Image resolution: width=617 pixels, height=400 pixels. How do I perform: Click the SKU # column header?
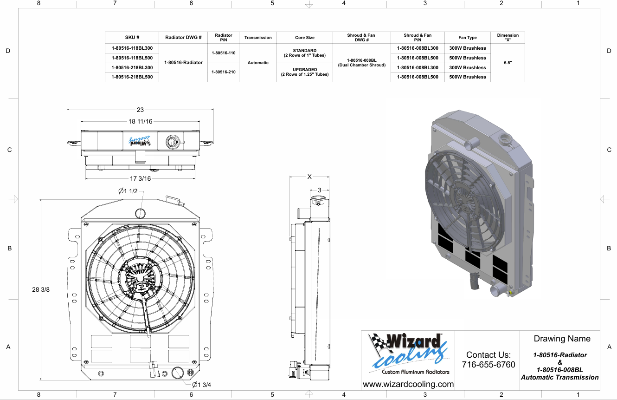[x=132, y=38]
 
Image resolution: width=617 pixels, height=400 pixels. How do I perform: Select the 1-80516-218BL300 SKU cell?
[x=132, y=67]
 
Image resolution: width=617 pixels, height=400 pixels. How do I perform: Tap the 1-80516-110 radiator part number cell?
[x=224, y=53]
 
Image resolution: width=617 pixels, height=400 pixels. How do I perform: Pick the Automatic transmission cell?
[x=258, y=63]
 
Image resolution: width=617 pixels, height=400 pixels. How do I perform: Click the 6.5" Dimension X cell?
[x=508, y=63]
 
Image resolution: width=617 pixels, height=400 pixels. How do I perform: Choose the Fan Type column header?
[x=468, y=38]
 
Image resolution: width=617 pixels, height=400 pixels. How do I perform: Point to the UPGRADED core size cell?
[x=305, y=72]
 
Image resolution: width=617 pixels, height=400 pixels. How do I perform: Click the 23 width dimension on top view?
[x=140, y=110]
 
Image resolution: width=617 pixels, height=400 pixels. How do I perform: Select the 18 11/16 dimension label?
[x=140, y=121]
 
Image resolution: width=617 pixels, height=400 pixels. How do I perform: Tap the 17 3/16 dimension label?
[x=140, y=178]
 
